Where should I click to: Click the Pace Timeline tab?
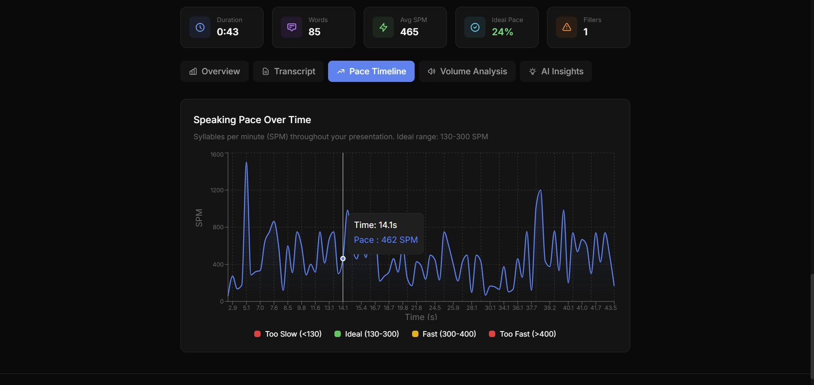point(371,71)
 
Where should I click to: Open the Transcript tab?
point(288,71)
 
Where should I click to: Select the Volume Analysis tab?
point(467,71)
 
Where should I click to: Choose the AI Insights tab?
point(556,71)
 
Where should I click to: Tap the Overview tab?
point(214,71)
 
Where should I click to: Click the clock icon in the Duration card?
point(200,27)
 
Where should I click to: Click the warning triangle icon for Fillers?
point(567,27)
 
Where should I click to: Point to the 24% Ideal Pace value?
point(502,32)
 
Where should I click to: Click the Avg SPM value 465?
point(409,32)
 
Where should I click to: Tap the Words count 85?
point(314,32)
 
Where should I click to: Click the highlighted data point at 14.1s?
point(343,259)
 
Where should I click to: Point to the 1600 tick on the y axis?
point(217,155)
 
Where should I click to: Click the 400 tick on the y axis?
point(218,264)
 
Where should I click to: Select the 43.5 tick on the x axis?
point(610,308)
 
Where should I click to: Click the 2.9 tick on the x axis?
point(233,308)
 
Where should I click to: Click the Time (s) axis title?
point(421,317)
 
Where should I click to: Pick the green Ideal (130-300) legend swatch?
point(337,334)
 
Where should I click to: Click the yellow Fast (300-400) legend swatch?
point(415,334)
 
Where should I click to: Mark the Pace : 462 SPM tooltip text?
point(386,240)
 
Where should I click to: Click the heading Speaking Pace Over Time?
point(252,120)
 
